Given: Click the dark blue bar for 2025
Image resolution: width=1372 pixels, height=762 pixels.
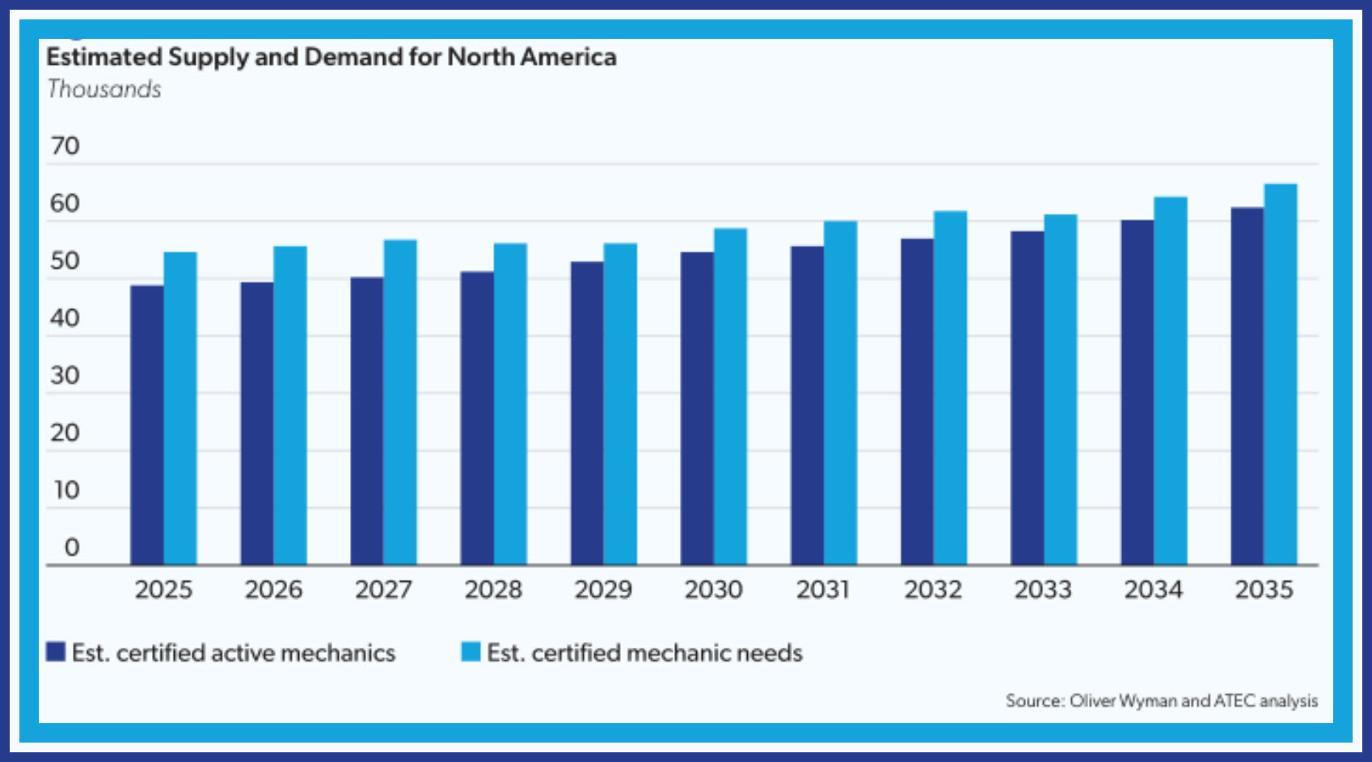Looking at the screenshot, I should [x=147, y=425].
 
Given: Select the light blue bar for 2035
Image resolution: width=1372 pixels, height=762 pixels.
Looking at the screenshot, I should [x=1281, y=374].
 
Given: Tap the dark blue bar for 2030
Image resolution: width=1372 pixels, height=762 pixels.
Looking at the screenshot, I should [x=697, y=409].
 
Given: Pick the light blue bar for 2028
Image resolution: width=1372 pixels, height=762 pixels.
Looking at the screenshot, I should [x=510, y=404].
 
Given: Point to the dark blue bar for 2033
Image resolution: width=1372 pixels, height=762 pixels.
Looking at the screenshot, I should [x=1027, y=398].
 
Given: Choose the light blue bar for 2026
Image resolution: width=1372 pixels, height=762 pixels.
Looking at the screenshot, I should [x=290, y=405].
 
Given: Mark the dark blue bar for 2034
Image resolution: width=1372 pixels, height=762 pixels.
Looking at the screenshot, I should [x=1137, y=392].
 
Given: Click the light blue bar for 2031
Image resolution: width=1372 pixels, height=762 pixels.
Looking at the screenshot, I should [x=840, y=392].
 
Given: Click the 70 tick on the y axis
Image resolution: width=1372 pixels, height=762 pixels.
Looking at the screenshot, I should [x=65, y=146].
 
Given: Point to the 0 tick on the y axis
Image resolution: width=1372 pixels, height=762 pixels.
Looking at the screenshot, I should [x=72, y=548].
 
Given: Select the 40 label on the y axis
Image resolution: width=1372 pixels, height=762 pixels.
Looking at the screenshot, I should [x=65, y=319].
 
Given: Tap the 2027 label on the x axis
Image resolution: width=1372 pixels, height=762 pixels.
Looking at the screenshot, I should [x=383, y=590].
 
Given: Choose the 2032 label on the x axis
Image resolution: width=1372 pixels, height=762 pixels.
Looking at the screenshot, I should [x=933, y=590].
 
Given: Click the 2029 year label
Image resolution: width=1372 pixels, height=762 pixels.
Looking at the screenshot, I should [x=603, y=590].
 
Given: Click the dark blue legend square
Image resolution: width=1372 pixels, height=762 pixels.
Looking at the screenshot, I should [x=56, y=652].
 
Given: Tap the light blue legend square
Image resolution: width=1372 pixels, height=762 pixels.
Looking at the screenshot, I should [x=471, y=652].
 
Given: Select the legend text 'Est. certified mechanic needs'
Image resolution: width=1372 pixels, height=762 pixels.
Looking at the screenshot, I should [x=644, y=653].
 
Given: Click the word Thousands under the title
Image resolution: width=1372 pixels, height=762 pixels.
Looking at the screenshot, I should [x=104, y=89].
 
